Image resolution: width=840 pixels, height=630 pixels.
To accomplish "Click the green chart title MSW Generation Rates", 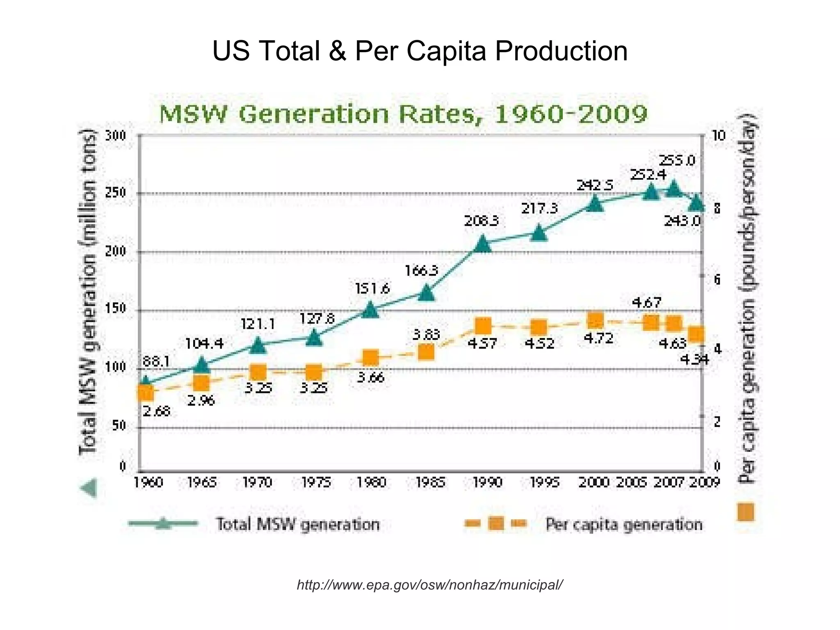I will coord(403,114).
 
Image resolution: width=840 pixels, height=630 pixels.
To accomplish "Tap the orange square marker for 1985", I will coord(427,352).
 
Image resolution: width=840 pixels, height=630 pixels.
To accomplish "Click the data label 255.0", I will coord(677,160).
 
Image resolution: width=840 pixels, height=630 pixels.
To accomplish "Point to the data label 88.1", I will coord(156,361).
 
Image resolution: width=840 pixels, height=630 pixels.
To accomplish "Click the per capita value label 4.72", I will coord(598,338).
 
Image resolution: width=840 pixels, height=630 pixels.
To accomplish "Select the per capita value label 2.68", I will coord(156,411).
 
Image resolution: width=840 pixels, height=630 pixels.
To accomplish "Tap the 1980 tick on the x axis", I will coord(371,482).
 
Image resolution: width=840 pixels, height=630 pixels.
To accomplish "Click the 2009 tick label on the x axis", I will coord(704,482).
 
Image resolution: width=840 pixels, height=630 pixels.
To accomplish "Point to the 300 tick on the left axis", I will coord(116,135).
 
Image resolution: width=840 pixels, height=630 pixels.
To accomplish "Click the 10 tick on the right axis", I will coord(718,135).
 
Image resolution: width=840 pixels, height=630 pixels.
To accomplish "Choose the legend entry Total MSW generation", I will coord(297,525).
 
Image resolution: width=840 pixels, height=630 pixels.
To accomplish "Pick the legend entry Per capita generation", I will coord(623,525).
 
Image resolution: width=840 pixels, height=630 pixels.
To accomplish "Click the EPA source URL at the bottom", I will coord(429,584).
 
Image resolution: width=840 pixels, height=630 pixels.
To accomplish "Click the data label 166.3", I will coord(421,271).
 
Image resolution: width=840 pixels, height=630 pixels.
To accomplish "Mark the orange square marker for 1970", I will coord(258,373).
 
